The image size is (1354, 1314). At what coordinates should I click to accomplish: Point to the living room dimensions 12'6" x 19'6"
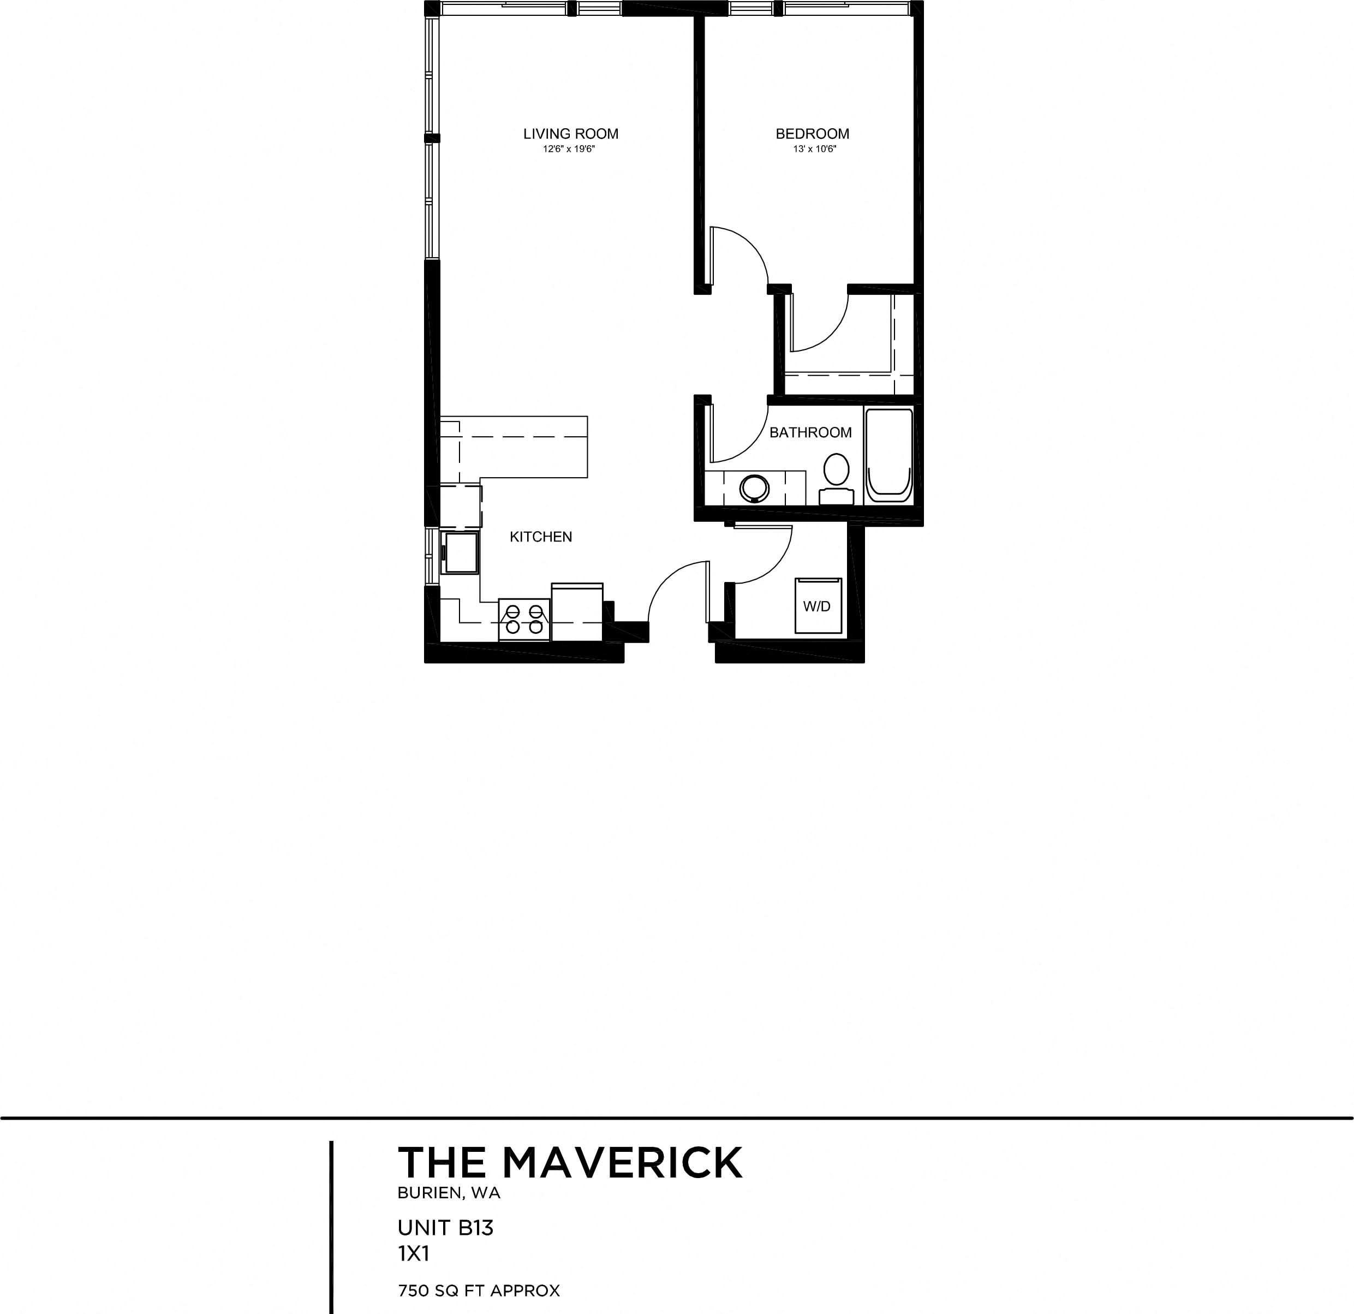tap(569, 149)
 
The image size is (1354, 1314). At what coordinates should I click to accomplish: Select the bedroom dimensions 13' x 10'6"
tap(814, 149)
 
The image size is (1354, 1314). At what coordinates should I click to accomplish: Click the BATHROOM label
tap(810, 432)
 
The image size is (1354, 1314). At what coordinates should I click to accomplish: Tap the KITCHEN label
tap(540, 537)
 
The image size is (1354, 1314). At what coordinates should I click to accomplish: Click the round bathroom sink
tap(754, 487)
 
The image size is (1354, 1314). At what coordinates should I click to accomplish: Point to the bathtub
tap(889, 455)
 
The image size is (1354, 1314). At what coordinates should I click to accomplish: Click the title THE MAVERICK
tap(570, 1162)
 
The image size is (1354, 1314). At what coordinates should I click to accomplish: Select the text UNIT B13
tap(445, 1228)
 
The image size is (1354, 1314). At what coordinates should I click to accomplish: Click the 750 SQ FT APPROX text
tap(478, 1291)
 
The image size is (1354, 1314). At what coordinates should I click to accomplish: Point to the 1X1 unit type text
tap(414, 1254)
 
